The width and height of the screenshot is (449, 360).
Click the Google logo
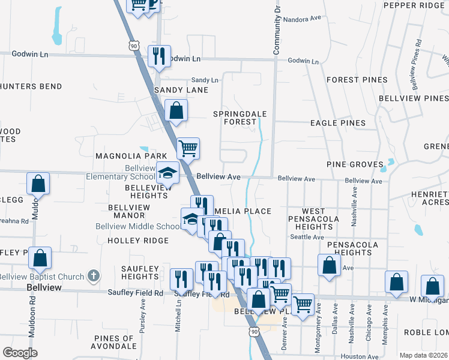[x=20, y=352]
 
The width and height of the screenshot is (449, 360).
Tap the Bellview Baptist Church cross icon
[x=92, y=276]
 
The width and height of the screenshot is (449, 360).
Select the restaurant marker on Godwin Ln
[x=159, y=56]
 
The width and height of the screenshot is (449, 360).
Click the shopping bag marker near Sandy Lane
[x=176, y=110]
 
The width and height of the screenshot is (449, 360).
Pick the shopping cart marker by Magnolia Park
[x=188, y=149]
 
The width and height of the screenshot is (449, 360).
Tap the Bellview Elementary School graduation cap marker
[x=168, y=173]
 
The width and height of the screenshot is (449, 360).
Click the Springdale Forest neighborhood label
[x=236, y=117]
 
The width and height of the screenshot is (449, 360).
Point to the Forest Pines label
[x=352, y=80]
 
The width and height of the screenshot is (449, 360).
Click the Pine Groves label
[x=355, y=164]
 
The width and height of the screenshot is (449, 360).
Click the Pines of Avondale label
[x=114, y=342]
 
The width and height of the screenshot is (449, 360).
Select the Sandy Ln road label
[x=205, y=80]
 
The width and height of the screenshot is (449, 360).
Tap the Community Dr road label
[x=277, y=27]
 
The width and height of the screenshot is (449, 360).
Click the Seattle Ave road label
[x=307, y=237]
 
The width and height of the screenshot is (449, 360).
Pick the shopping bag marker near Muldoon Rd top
[x=38, y=184]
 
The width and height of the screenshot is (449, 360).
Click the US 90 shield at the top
[x=134, y=45]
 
